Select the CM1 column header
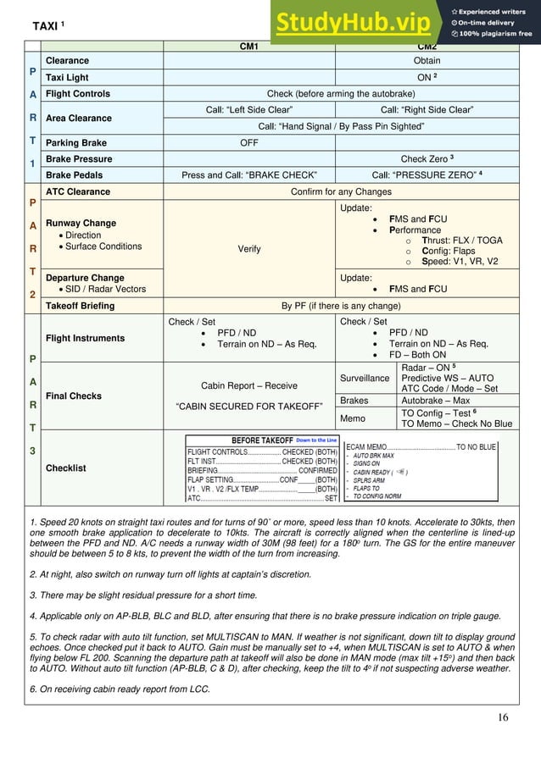coord(250,47)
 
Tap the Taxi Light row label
coord(67,76)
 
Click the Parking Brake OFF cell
coord(248,143)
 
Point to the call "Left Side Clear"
coord(249,110)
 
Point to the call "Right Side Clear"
coord(427,110)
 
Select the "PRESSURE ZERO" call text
coord(427,175)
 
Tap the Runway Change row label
coord(81,224)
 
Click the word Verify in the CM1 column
coord(249,250)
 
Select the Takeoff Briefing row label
coord(80,305)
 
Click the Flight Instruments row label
coord(85,338)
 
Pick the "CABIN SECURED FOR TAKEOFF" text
coord(249,406)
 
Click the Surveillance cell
coord(367,378)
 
